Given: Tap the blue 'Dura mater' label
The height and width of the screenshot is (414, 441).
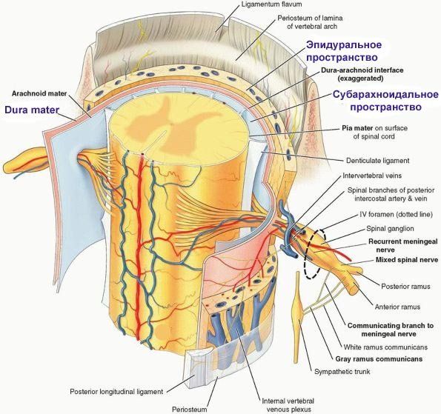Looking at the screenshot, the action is (32, 110).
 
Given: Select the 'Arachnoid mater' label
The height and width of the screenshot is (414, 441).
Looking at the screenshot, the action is (39, 93).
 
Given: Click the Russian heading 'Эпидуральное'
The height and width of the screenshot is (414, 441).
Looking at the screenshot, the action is (344, 44).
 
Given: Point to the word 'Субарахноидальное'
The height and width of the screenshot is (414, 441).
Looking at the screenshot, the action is (385, 95).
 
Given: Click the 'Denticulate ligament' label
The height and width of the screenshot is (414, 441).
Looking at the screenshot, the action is (377, 161).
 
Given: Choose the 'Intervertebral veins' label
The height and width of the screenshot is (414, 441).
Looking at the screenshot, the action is (372, 176).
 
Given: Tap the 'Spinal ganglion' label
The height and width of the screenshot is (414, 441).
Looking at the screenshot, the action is (390, 229).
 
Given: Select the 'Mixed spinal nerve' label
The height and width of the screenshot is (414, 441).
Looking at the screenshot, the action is (407, 260).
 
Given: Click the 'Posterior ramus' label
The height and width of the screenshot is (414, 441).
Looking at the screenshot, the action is (405, 287).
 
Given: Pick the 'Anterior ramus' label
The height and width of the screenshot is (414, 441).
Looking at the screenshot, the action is (397, 307).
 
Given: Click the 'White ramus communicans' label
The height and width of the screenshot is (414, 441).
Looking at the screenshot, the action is (385, 347).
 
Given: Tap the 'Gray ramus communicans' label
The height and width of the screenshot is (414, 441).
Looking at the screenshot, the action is (379, 359).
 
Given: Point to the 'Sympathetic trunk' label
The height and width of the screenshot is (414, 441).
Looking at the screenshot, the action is (342, 372).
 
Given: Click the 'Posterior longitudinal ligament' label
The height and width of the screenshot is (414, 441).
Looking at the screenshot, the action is (116, 391).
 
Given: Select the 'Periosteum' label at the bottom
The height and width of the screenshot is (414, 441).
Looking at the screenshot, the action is (189, 410).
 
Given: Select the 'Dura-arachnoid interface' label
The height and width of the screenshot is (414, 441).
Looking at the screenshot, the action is (362, 70).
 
